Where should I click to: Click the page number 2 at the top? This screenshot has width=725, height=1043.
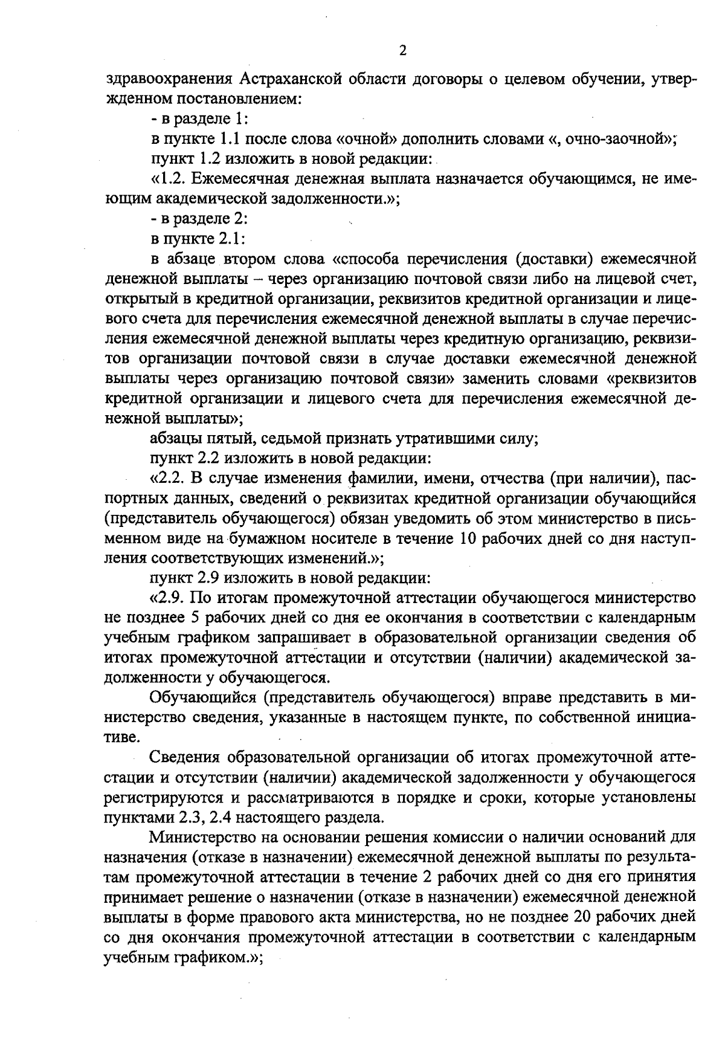(x=402, y=51)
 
